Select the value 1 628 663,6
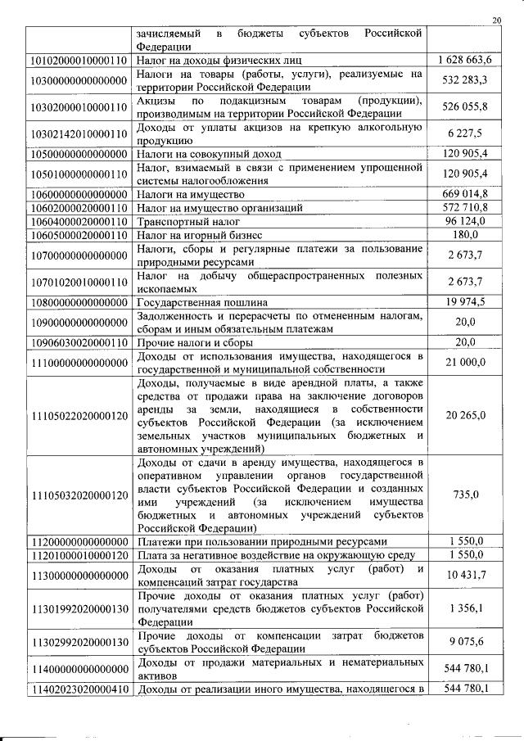464,60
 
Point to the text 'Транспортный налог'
185,222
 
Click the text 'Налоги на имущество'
191,194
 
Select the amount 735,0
465,495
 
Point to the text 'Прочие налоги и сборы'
195,341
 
